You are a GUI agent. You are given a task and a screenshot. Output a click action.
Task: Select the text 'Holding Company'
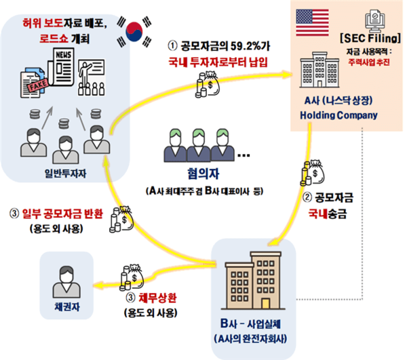[338, 116]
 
